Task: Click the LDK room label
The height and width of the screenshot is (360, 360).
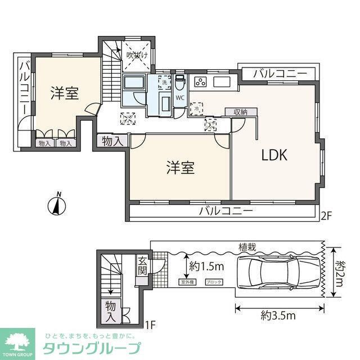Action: coord(274,156)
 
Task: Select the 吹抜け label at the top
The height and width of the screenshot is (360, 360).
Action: coord(137,55)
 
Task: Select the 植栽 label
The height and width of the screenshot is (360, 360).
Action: coord(248,246)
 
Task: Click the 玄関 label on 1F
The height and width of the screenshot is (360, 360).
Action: coord(143,267)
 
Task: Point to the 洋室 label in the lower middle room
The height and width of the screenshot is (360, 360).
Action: coord(180,168)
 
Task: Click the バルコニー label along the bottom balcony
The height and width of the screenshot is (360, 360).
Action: coord(226,212)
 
